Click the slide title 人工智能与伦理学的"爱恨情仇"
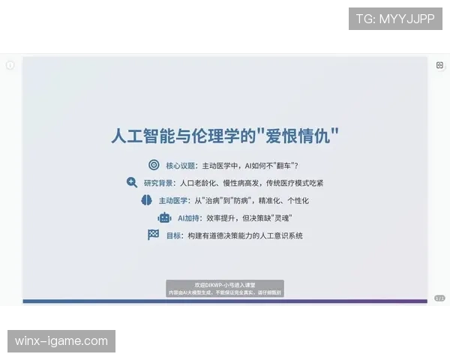point(225,136)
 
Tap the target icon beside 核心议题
point(154,165)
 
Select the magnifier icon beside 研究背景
point(132,182)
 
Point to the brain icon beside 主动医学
point(146,200)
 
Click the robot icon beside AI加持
point(164,217)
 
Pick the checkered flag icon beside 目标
point(153,235)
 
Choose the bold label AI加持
point(188,218)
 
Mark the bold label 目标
point(173,235)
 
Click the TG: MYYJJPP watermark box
point(395,19)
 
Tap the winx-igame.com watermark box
point(62,341)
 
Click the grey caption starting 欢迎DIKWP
point(225,289)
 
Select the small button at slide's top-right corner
point(439,66)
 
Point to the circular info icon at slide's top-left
point(10,65)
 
